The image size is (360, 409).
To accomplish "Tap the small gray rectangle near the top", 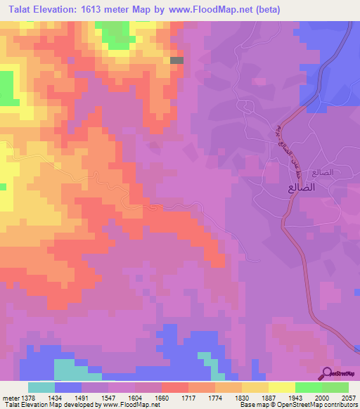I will point(177,60).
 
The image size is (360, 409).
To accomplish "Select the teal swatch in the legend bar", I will point(41,387).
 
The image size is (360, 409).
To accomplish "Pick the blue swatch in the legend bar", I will point(68,387).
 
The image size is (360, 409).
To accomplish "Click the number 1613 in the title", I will point(100,10).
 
